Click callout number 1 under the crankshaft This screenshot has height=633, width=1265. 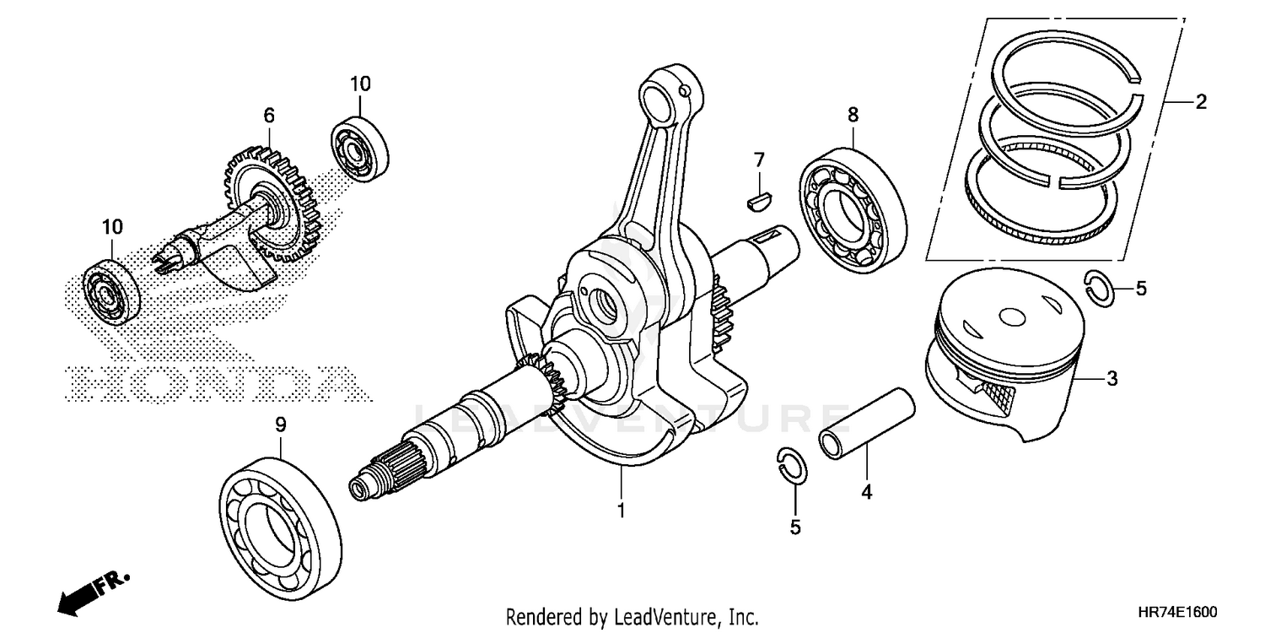point(621,511)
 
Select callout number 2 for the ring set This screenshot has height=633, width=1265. point(1200,103)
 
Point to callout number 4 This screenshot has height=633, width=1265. point(865,492)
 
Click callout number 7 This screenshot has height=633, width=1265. point(759,160)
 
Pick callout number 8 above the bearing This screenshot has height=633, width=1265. point(853,113)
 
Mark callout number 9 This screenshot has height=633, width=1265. point(281,427)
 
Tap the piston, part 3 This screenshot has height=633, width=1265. point(1004,354)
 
